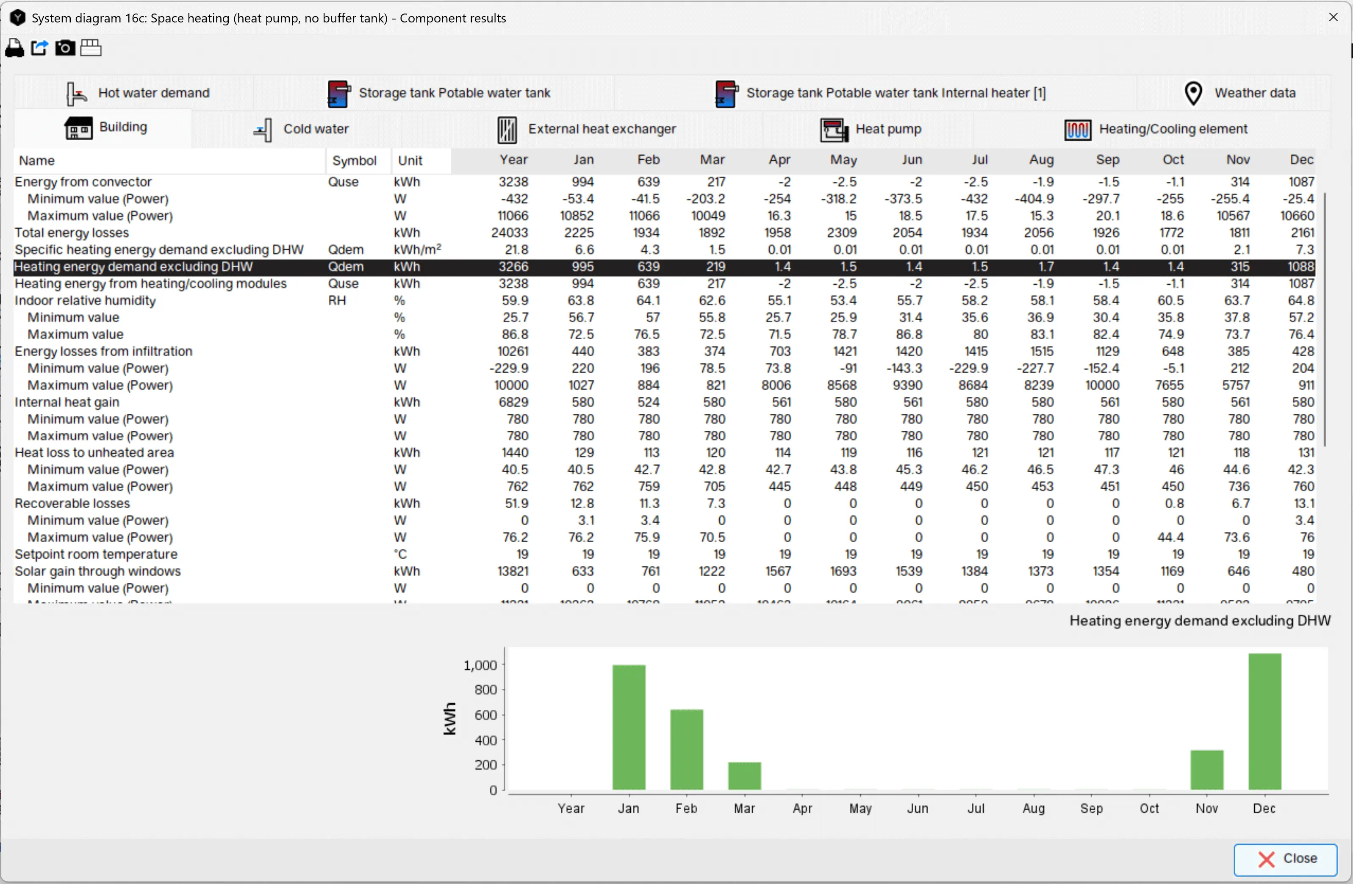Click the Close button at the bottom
(1285, 859)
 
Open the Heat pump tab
(871, 129)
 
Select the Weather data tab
(1239, 93)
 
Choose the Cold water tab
(301, 129)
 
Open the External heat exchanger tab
(586, 129)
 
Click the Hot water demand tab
(138, 93)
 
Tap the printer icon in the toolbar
(15, 48)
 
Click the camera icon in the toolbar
(65, 48)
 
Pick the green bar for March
(744, 776)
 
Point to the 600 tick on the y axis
(486, 715)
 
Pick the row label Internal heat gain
(67, 402)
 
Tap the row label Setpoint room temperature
(96, 554)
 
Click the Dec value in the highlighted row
(1301, 266)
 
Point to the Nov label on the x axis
(1206, 808)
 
